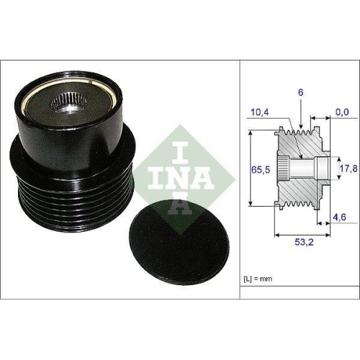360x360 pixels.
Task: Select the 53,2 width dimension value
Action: point(303,243)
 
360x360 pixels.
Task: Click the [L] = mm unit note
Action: point(258,278)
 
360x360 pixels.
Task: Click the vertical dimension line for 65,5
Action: point(249,169)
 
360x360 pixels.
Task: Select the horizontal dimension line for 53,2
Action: point(302,235)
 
